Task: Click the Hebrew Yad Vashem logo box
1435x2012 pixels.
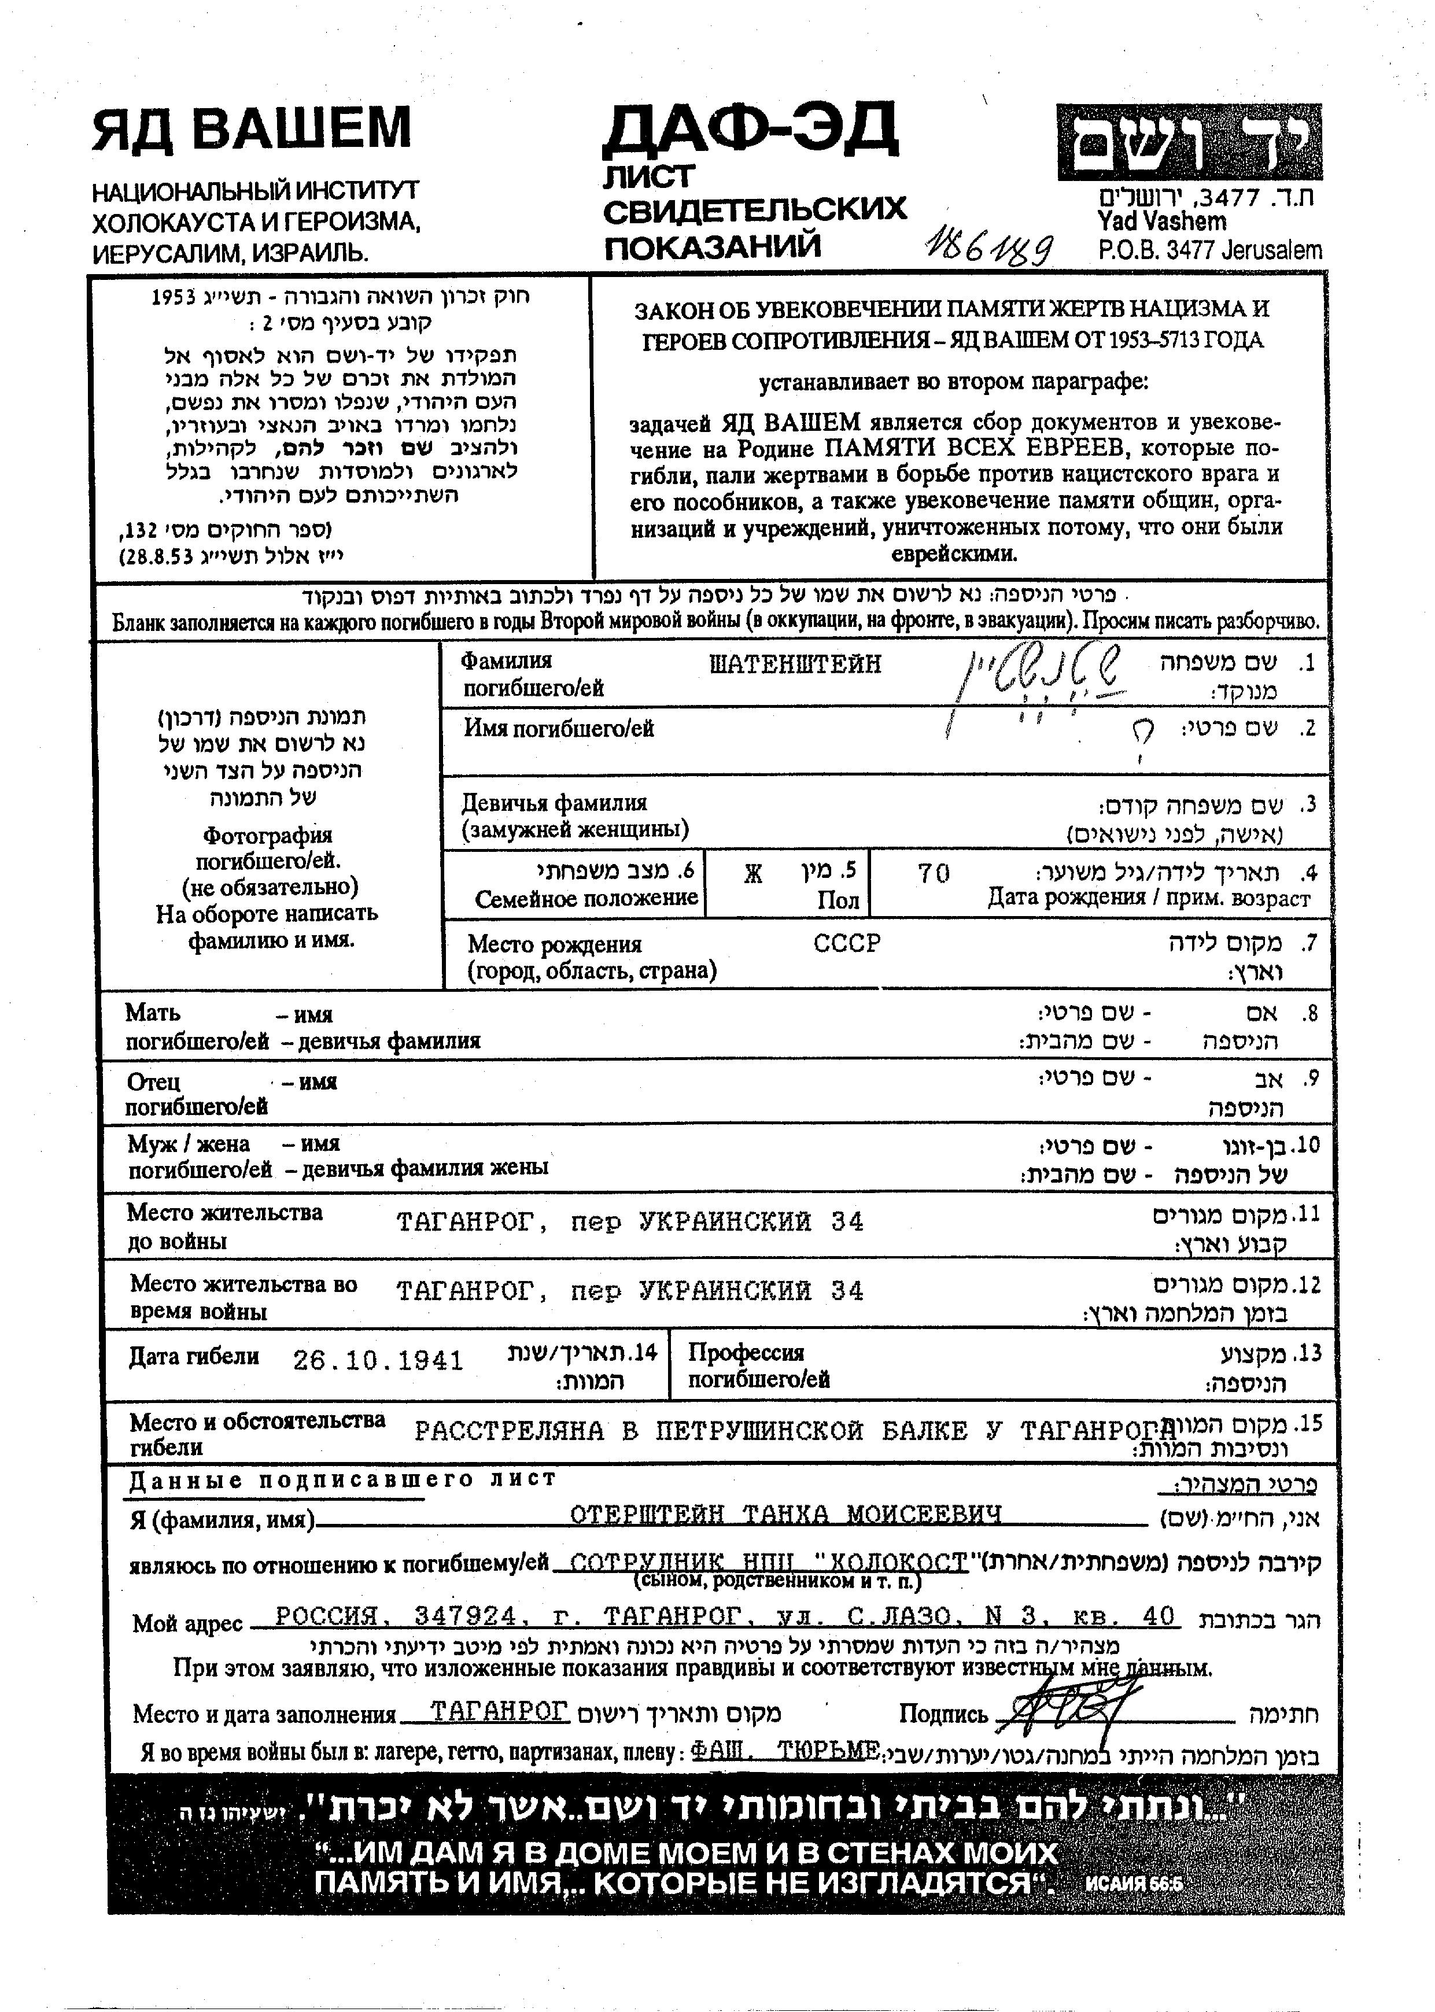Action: point(1189,143)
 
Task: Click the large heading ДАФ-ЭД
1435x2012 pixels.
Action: point(749,129)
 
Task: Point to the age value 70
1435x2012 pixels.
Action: point(933,873)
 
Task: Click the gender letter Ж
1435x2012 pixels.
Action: point(753,874)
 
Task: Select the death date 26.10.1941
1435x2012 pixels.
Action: point(378,1359)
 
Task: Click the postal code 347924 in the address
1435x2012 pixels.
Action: point(465,1616)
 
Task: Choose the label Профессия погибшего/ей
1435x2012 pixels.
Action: point(758,1366)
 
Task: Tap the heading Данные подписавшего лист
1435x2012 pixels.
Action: point(342,1479)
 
